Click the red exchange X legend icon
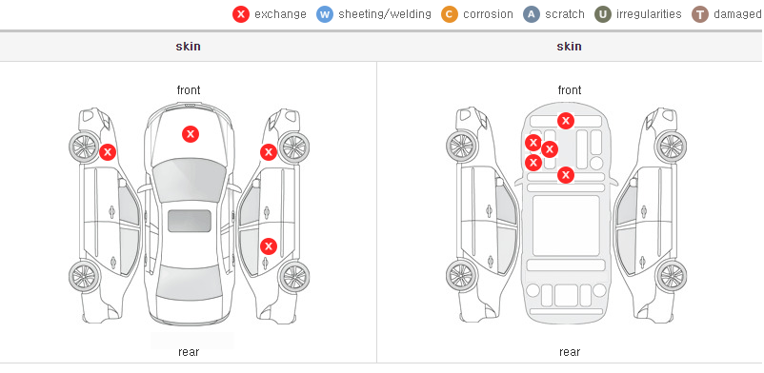tap(241, 14)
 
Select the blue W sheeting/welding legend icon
tap(325, 14)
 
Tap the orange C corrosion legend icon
tap(450, 14)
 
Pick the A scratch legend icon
tap(532, 14)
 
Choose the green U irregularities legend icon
tap(603, 14)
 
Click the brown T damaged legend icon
tap(699, 14)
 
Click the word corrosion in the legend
tap(488, 14)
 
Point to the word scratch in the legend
tap(565, 14)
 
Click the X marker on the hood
tap(191, 134)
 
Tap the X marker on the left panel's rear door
tap(269, 246)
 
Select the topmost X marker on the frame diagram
tap(566, 120)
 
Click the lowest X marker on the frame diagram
tap(566, 175)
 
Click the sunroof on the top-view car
tap(190, 221)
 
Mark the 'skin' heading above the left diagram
tap(188, 47)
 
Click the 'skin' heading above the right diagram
tap(569, 47)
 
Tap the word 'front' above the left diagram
tap(189, 90)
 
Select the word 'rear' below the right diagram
tap(570, 352)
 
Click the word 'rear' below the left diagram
tap(189, 352)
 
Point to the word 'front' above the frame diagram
tap(570, 90)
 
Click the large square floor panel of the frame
tap(566, 226)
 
